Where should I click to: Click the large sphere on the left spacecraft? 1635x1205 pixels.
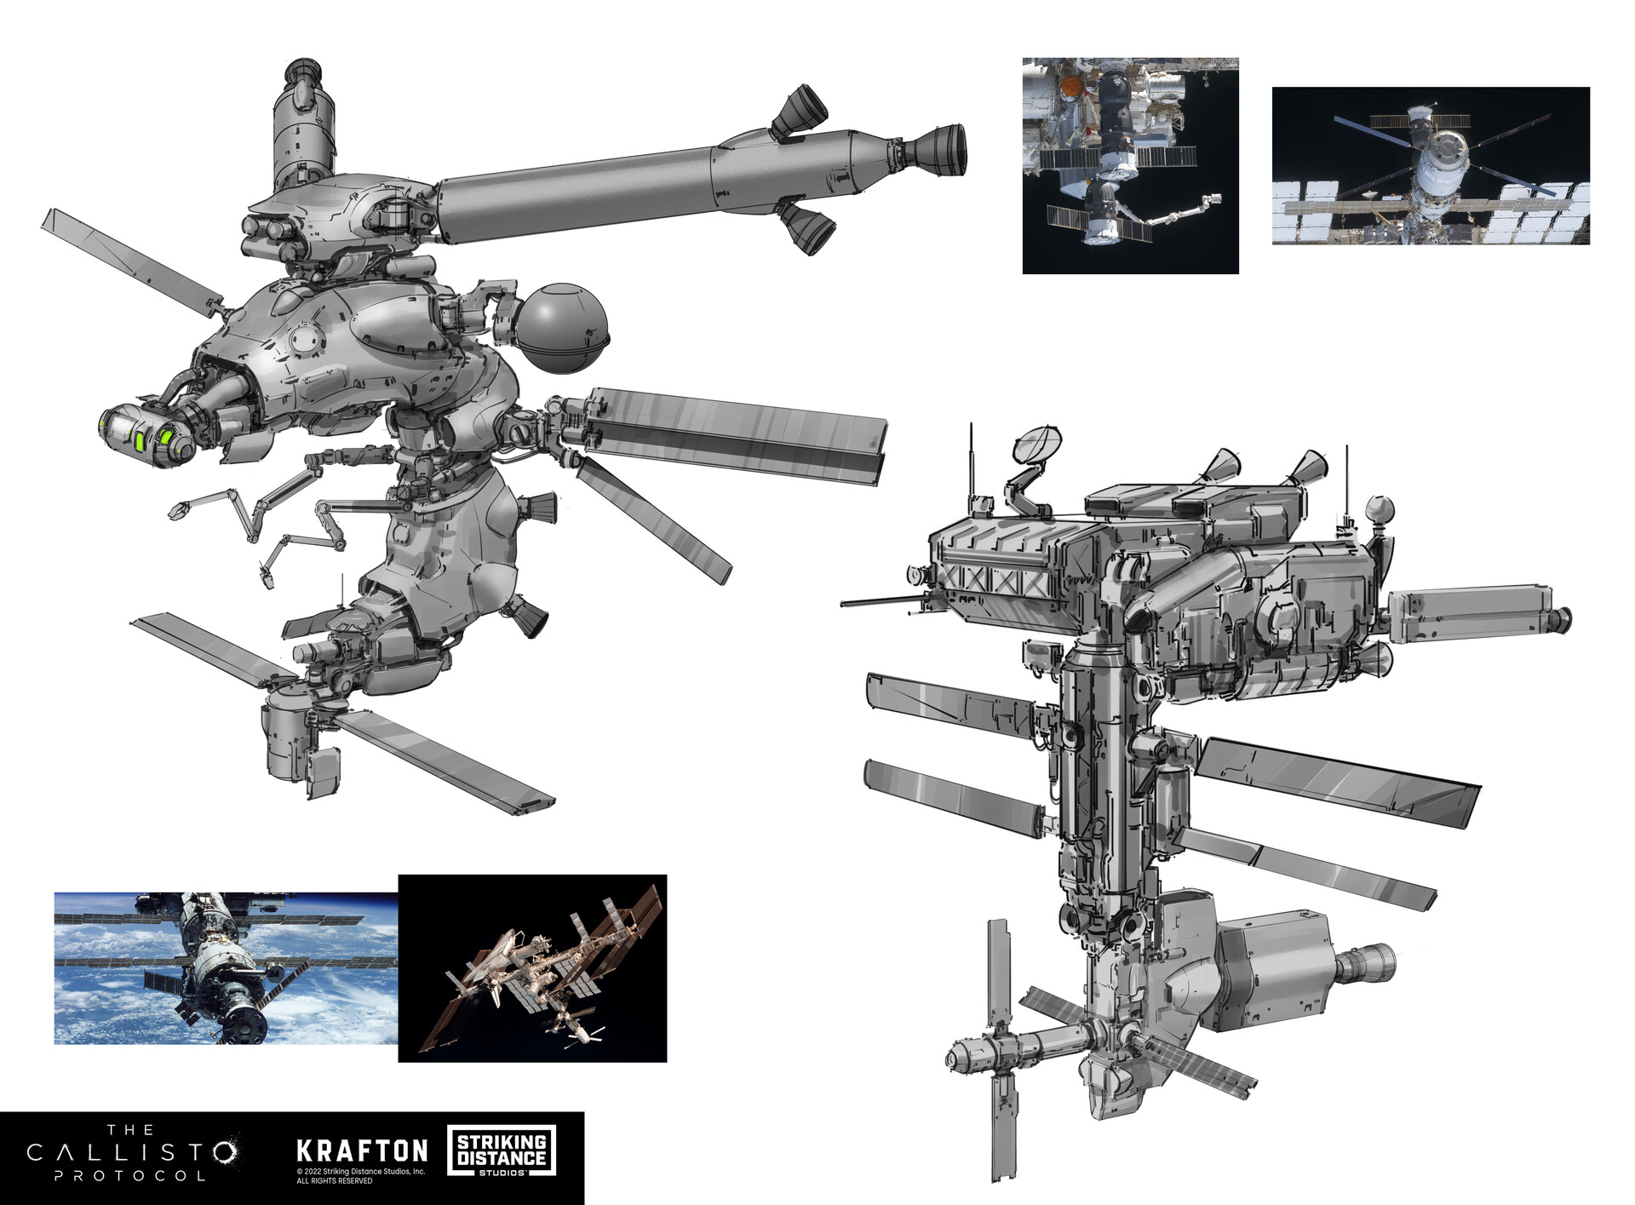click(562, 328)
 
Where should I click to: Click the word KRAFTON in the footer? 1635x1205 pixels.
click(362, 1151)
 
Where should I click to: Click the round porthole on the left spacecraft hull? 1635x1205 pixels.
click(303, 340)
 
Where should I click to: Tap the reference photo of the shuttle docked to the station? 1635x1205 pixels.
click(532, 968)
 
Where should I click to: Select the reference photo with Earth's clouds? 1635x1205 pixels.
click(226, 968)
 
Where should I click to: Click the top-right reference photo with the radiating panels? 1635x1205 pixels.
click(1431, 166)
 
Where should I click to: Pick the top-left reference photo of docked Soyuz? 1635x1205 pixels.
click(1130, 166)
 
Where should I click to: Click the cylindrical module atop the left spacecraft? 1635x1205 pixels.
click(301, 128)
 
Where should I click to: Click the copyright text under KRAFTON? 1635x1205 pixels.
click(360, 1176)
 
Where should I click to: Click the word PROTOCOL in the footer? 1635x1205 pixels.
click(130, 1176)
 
